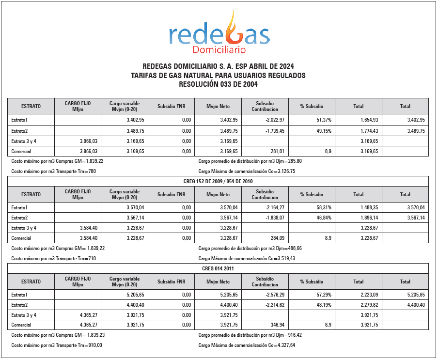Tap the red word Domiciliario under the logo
coord(219,50)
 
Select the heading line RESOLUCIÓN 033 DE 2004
coord(218,84)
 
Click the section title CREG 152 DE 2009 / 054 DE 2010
coord(218,181)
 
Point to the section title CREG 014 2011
coord(218,268)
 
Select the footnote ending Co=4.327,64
coord(247,345)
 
